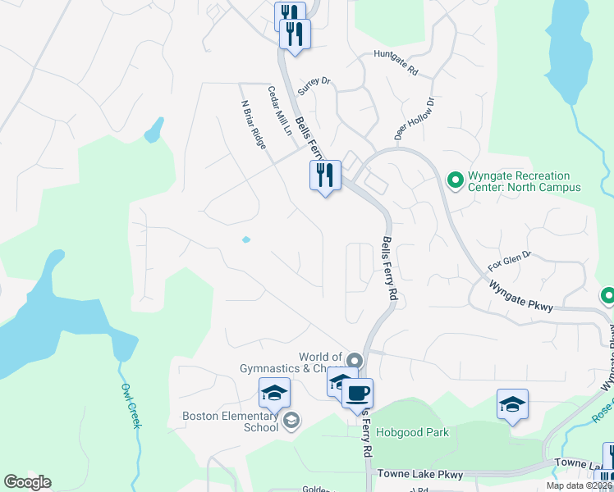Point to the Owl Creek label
click(131, 405)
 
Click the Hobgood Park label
click(412, 431)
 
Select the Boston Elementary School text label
click(231, 421)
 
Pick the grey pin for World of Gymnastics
click(355, 360)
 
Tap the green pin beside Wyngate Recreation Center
click(454, 178)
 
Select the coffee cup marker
click(357, 393)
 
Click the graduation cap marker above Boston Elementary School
click(275, 393)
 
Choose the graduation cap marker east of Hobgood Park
click(512, 404)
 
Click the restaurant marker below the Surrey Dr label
click(325, 175)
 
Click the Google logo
click(27, 482)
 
